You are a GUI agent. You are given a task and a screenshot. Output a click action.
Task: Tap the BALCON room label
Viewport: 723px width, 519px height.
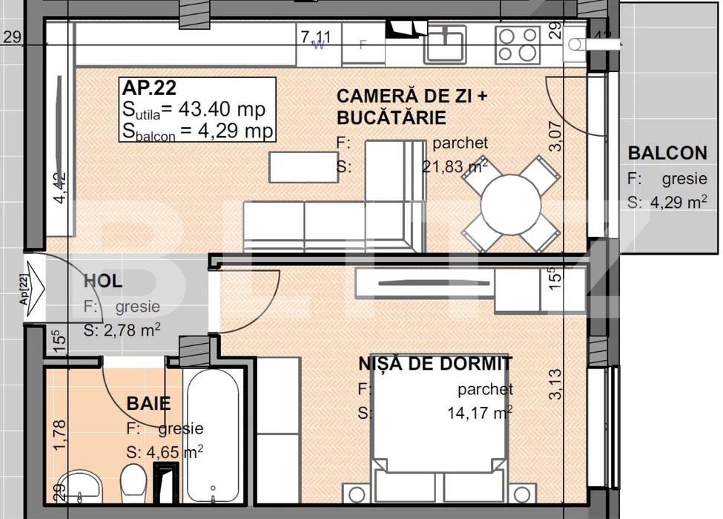tap(667, 154)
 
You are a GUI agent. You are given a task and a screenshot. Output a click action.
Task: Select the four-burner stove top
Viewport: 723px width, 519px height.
tap(518, 44)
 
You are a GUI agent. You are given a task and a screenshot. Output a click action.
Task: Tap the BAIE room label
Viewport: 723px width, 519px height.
tap(148, 404)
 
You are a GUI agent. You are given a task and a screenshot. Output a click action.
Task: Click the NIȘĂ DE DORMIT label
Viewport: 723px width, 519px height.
tap(435, 364)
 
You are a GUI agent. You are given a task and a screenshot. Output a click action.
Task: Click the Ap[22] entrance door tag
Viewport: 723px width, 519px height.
tap(24, 290)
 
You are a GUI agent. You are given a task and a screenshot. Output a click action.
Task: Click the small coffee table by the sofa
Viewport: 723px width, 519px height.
tap(293, 167)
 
